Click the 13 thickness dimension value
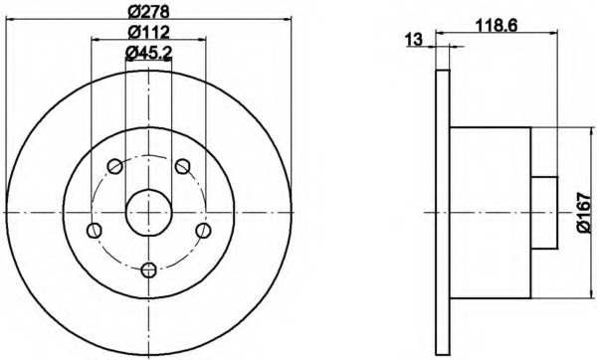pos(414,39)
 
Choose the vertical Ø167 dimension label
pos(584,213)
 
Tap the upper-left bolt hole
pos(115,166)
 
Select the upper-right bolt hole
pos(183,166)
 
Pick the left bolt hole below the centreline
pos(95,231)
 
